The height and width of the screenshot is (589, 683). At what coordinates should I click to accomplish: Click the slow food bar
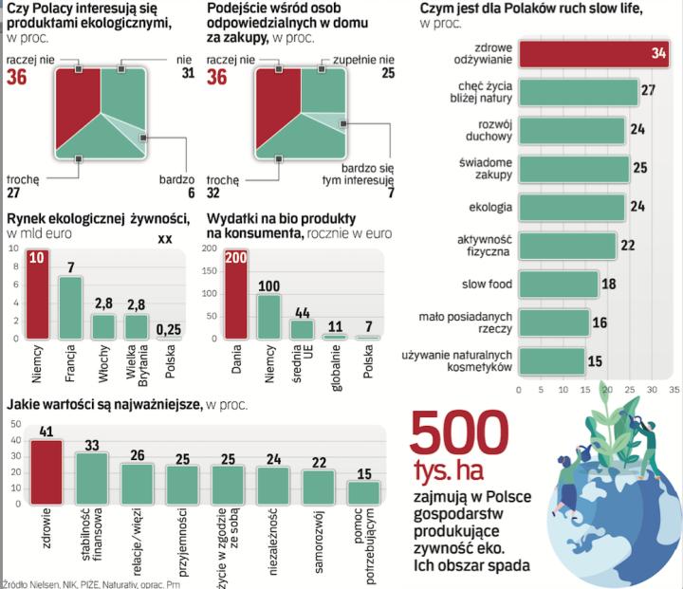point(558,285)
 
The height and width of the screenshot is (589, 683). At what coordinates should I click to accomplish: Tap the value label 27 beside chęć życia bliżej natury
point(649,90)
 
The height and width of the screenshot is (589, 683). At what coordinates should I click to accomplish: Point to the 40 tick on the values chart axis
point(15,439)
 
